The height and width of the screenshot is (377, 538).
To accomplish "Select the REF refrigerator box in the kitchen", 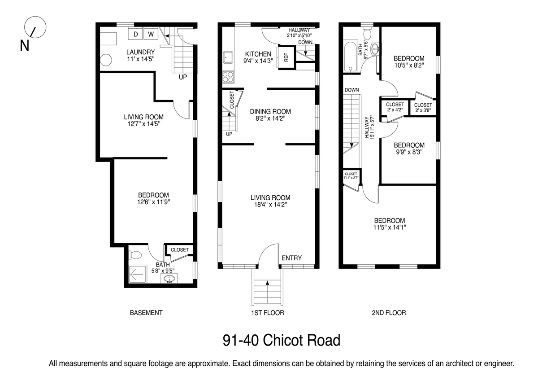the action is pyautogui.click(x=286, y=57).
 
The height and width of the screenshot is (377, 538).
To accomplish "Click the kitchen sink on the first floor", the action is pyautogui.click(x=228, y=57).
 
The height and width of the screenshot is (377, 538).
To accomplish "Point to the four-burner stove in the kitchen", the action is pyautogui.click(x=228, y=77).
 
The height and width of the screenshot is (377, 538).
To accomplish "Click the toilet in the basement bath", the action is pyautogui.click(x=135, y=255).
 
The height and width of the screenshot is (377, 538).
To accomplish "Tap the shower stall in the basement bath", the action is pyautogui.click(x=138, y=274).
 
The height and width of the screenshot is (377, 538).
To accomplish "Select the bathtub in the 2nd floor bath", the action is pyautogui.click(x=351, y=57).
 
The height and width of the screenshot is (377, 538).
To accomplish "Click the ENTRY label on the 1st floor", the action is pyautogui.click(x=291, y=258).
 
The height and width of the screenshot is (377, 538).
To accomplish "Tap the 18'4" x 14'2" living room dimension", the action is pyautogui.click(x=271, y=205).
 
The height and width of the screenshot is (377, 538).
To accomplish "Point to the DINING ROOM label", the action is pyautogui.click(x=270, y=112).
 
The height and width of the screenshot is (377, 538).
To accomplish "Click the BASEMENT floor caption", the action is pyautogui.click(x=146, y=313).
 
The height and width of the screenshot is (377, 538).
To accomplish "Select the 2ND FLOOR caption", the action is pyautogui.click(x=389, y=313).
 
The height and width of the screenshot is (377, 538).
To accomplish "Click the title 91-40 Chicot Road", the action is pyautogui.click(x=282, y=341).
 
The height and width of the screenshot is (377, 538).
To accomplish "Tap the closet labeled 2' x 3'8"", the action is pyautogui.click(x=423, y=108).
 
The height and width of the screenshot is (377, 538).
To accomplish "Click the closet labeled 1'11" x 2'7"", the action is pyautogui.click(x=351, y=176).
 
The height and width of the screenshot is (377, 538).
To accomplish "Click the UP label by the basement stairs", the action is pyautogui.click(x=183, y=77).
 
